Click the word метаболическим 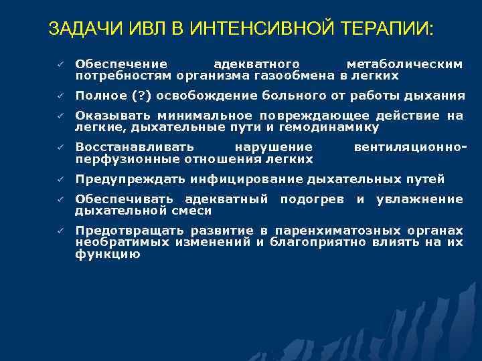point(404,64)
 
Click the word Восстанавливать point(135,147)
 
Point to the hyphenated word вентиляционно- point(410,147)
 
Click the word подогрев point(312,199)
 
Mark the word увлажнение point(419,199)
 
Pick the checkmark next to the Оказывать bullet point(60,116)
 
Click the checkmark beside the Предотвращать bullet point(60,231)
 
